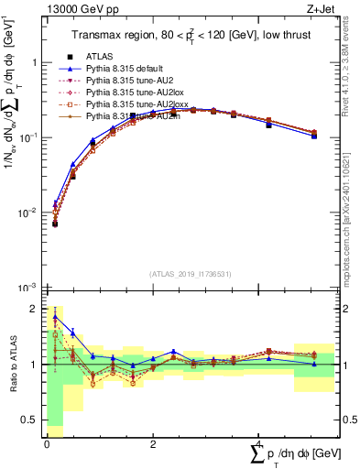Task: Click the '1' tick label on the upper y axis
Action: [x=35, y=62]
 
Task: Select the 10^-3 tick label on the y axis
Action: [x=29, y=288]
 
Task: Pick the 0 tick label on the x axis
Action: [x=47, y=444]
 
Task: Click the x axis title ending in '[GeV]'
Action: [x=294, y=455]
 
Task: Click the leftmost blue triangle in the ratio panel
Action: [x=55, y=317]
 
